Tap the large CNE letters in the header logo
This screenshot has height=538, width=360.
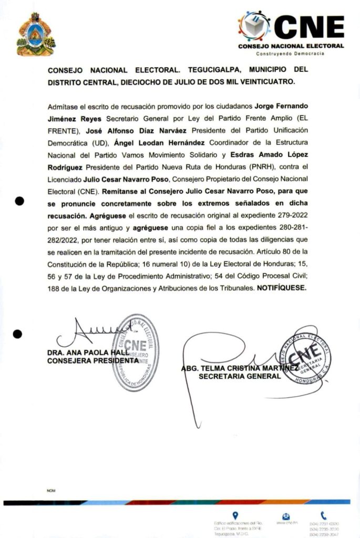pyautogui.click(x=310, y=27)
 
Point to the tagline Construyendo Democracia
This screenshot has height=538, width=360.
pyautogui.click(x=290, y=54)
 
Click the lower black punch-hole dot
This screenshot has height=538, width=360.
pyautogui.click(x=17, y=334)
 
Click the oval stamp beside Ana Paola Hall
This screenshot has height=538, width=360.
pyautogui.click(x=135, y=352)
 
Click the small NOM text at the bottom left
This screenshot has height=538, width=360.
pyautogui.click(x=51, y=491)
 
